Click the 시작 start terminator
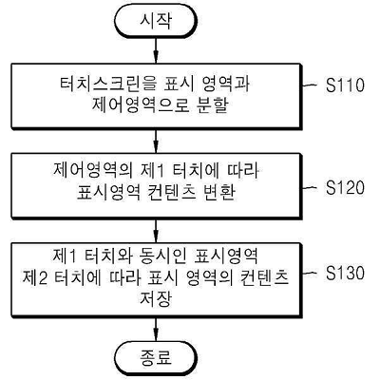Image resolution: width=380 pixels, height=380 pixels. (x=156, y=22)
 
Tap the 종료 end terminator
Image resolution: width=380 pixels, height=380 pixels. (x=156, y=358)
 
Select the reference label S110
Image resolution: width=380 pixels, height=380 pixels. (x=345, y=85)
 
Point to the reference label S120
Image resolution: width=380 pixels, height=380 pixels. (x=345, y=187)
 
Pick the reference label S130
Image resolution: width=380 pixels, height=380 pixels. (x=345, y=273)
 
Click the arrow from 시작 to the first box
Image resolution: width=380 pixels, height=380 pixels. (x=156, y=51)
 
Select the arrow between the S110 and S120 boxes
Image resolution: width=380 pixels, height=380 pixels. (x=156, y=141)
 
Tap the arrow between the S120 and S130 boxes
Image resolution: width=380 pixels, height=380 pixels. (x=156, y=231)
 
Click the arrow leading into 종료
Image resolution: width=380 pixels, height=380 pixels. (x=156, y=330)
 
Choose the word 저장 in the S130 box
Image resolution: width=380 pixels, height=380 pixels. (x=156, y=299)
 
